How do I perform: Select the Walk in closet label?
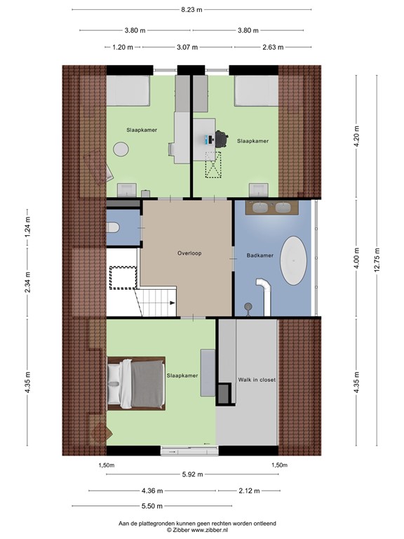click(x=257, y=379)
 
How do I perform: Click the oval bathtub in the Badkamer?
click(x=292, y=260)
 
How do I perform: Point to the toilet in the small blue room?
click(x=112, y=227)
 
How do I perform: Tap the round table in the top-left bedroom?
click(x=121, y=149)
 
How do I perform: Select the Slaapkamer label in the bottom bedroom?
click(x=182, y=375)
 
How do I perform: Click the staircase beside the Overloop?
click(x=156, y=302)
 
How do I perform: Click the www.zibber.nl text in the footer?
click(x=206, y=530)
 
